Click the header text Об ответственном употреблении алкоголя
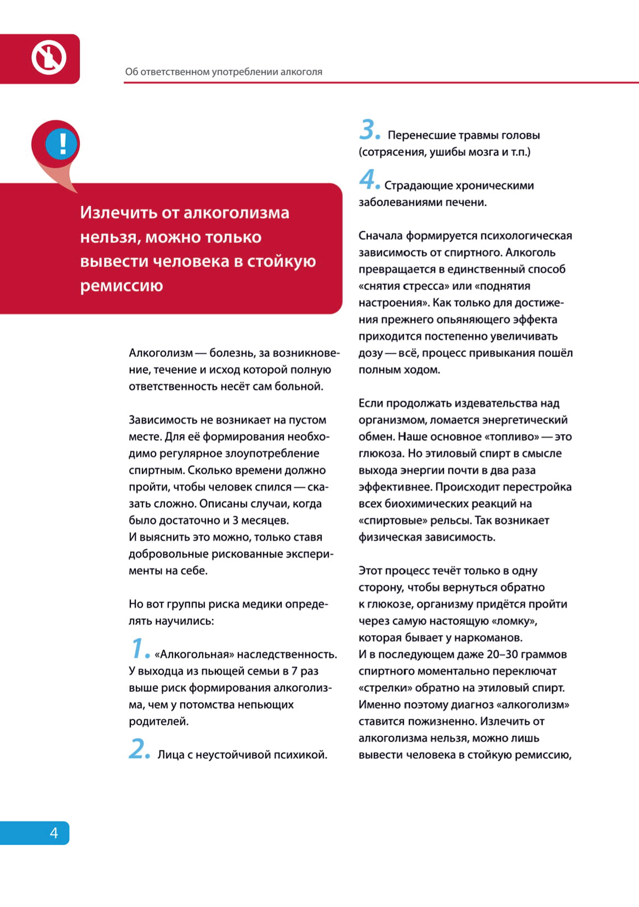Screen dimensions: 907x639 coord(224,72)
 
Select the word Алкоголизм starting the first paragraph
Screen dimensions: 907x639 coord(160,353)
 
